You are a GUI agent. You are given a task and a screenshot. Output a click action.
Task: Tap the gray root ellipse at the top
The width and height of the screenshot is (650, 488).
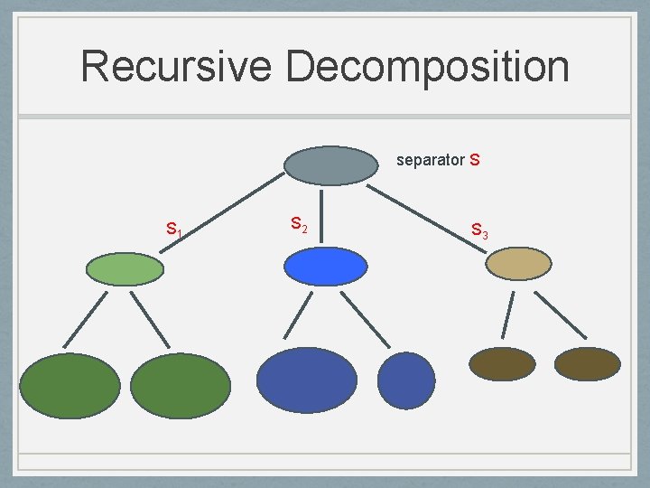(331, 165)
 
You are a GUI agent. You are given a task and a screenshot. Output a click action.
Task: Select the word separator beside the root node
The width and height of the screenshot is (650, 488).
(430, 161)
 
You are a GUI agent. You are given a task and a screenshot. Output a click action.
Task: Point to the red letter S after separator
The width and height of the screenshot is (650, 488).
(475, 161)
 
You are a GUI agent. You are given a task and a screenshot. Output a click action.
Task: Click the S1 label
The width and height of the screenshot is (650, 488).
(174, 230)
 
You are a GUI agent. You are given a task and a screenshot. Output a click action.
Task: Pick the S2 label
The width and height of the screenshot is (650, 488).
(299, 223)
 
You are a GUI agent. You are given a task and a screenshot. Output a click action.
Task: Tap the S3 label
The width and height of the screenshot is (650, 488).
(479, 231)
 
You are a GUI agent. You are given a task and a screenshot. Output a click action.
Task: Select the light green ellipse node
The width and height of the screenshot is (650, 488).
(125, 268)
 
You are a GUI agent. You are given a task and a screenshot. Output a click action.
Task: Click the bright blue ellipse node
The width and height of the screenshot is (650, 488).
(326, 267)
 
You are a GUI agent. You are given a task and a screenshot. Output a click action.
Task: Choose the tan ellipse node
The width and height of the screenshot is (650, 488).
(518, 263)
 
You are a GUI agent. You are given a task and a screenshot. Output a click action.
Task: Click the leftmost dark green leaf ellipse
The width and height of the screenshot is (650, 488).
(70, 385)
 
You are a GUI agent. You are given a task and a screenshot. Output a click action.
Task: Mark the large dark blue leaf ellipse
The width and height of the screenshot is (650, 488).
(307, 380)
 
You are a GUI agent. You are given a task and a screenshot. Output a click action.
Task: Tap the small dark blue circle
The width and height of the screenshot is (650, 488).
(406, 380)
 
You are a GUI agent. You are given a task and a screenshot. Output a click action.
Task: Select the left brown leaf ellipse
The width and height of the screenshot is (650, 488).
(503, 363)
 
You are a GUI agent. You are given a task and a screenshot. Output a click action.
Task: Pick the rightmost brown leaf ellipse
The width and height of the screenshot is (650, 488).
(587, 363)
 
